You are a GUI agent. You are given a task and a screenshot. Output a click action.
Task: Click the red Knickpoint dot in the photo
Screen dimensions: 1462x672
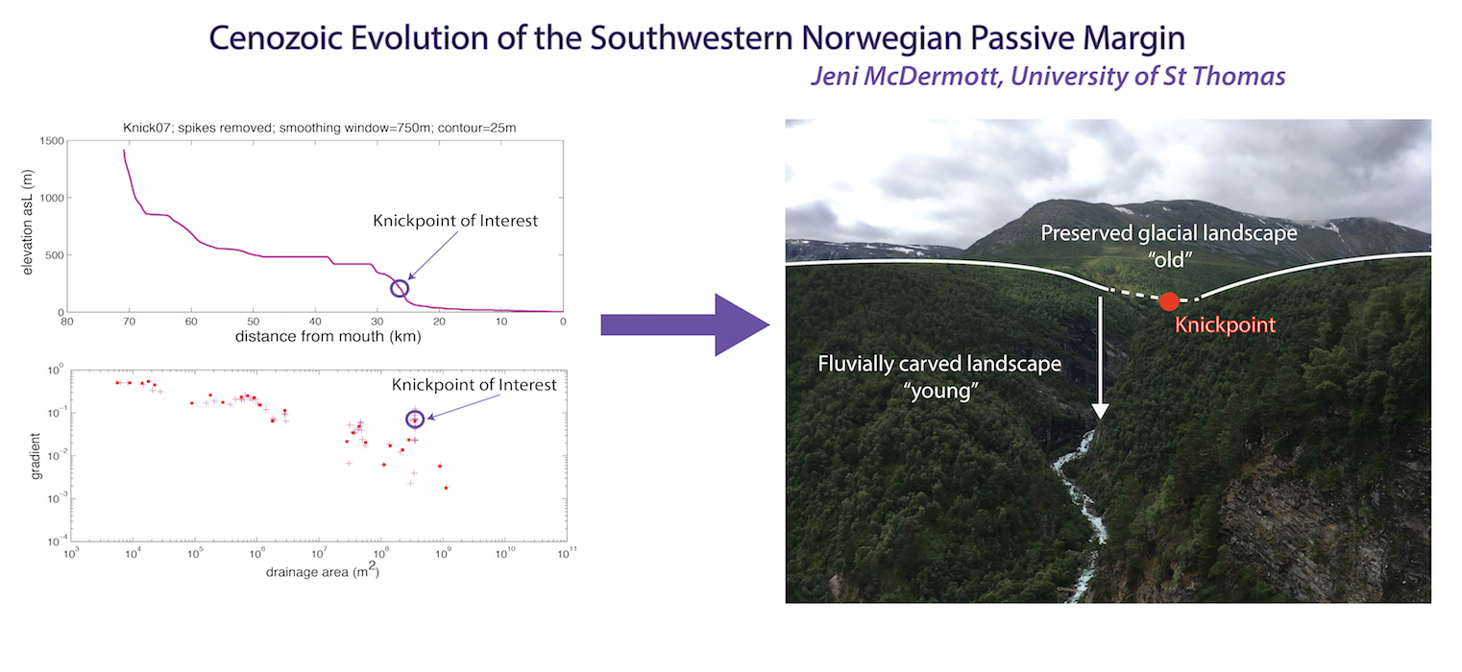[1169, 301]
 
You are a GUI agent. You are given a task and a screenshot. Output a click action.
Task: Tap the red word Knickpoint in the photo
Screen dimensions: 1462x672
[1225, 324]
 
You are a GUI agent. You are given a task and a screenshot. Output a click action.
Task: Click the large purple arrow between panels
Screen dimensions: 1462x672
[685, 324]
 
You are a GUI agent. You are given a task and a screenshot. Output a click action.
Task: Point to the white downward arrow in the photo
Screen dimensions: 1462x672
[1101, 357]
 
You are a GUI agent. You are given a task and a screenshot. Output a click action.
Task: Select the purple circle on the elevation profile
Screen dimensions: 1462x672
[400, 280]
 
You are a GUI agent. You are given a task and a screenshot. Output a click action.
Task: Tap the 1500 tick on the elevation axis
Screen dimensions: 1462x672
[52, 141]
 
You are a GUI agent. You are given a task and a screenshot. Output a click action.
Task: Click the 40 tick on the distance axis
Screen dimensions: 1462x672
[315, 322]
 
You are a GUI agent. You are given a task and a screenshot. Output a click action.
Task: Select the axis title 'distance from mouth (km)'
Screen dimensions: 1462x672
[329, 337]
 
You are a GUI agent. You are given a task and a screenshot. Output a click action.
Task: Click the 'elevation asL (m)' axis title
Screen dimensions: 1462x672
[27, 223]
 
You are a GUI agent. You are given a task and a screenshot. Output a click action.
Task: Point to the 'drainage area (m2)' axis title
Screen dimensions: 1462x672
[323, 571]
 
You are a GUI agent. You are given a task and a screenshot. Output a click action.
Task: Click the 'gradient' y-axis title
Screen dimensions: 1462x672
[36, 456]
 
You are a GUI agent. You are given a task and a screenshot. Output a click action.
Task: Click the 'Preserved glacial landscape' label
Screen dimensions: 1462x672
[1169, 233]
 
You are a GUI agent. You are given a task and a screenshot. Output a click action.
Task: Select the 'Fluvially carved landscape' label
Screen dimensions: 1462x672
[939, 364]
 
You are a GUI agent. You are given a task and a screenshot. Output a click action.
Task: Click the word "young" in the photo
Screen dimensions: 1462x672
[940, 391]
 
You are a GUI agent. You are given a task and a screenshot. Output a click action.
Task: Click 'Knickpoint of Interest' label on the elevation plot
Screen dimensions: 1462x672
[455, 221]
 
